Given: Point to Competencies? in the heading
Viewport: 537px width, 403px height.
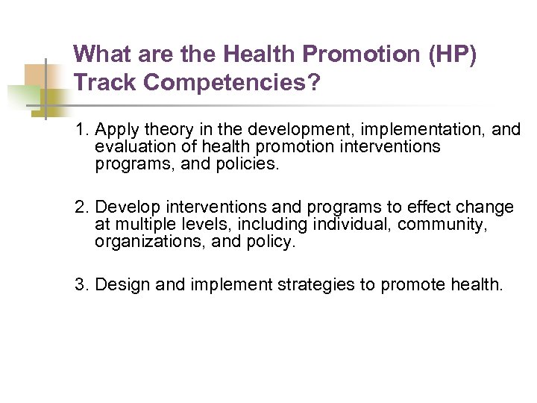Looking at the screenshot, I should click(x=233, y=83).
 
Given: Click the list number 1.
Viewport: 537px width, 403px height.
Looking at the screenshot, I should click(x=81, y=130).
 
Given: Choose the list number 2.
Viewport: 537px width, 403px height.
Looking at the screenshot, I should click(x=81, y=207).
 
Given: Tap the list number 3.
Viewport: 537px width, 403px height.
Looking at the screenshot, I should click(x=81, y=284).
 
